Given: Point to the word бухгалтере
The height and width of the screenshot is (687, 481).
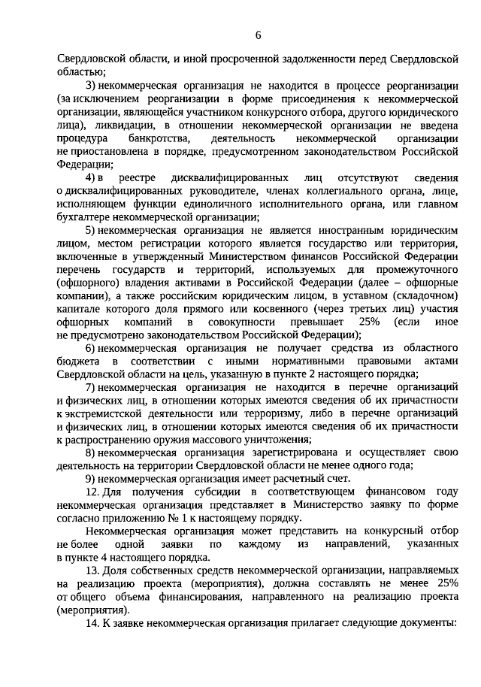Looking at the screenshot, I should [x=86, y=218].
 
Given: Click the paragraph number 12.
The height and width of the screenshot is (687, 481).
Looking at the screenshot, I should [x=92, y=493].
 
